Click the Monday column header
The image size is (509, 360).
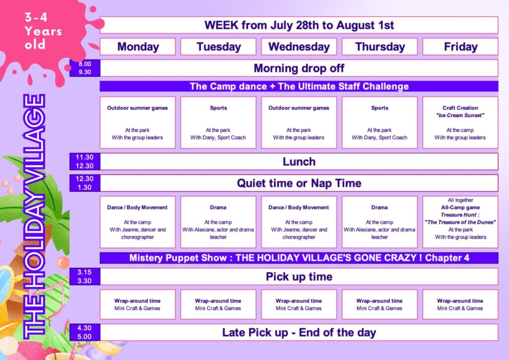138,47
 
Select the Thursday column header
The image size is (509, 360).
380,47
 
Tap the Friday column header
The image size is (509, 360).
460,47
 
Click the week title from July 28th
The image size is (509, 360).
299,25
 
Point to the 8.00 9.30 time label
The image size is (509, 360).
85,68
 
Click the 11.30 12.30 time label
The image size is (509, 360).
85,162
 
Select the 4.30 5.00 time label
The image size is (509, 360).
85,333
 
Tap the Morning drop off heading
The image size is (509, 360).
299,68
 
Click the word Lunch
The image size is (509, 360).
299,162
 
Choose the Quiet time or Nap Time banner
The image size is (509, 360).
299,183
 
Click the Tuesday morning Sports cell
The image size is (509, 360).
218,122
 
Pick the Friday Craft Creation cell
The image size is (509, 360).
460,122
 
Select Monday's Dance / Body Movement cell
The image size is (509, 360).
138,222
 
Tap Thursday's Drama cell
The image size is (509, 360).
380,222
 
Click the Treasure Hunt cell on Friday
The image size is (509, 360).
460,222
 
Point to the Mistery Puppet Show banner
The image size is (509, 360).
299,258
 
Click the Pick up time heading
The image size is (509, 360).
299,276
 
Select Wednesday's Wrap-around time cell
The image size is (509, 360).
299,304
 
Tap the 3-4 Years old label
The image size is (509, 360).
43,31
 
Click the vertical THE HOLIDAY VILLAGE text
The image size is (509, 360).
34,216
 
